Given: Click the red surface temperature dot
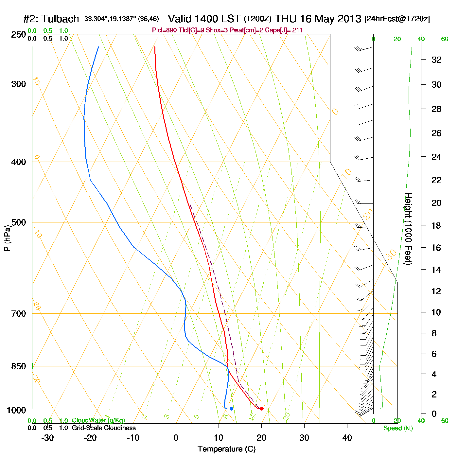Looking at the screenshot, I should coord(262,409).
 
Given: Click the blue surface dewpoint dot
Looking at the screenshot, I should coord(231,409).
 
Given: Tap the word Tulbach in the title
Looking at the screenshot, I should coord(60,19).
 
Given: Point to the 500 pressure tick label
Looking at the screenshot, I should coord(19,222).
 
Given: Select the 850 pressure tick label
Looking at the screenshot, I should coord(19,366).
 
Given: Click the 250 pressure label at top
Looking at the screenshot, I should coord(19,35).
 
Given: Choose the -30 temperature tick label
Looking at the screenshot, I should coord(47,438).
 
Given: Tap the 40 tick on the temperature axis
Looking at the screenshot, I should coord(347,438).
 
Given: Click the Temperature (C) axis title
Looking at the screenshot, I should coord(226,449).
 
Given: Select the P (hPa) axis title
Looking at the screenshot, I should coord(7,238).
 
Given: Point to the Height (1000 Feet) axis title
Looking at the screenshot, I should coord(408,229).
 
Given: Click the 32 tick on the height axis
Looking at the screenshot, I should coord(436,60).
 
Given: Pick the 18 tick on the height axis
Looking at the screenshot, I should coord(436,225).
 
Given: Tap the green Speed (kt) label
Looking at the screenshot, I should coord(398,428).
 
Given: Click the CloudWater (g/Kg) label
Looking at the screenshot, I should coord(98,420).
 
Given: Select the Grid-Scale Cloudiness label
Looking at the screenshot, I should coord(104,428).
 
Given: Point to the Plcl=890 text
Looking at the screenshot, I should coord(165,30).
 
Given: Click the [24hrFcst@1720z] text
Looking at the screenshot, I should coord(397,19).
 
